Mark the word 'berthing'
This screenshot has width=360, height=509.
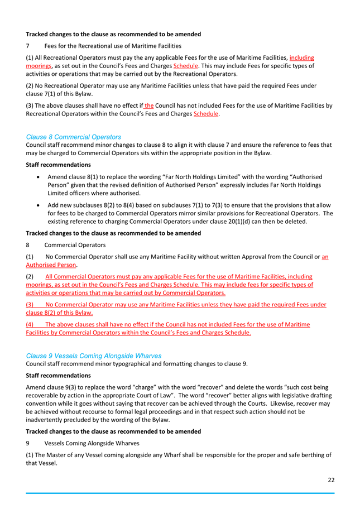pyautogui.click(x=309, y=455)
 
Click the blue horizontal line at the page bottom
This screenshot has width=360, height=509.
pyautogui.click(x=180, y=493)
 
